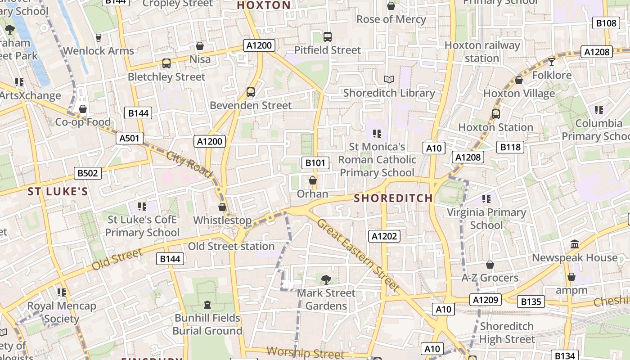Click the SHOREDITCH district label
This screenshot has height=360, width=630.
pos(393,198)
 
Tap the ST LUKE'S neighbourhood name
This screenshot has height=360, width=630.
pos(58,192)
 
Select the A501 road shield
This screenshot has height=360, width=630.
pos(130,138)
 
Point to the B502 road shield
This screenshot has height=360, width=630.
pos(88,173)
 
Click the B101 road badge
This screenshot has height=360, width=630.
pos(315,163)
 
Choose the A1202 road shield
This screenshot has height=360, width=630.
pos(384,236)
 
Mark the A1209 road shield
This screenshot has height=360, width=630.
pos(486,300)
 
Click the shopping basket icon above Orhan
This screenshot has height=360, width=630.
pos(312,180)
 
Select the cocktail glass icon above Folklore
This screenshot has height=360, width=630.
pos(552,62)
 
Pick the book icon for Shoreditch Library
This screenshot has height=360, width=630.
pos(389,79)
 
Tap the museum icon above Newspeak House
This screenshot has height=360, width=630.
pos(575,244)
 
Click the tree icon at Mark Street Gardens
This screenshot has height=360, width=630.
pos(326,280)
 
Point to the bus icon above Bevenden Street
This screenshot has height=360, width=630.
pos(251,92)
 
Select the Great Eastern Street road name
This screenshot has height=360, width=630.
pos(358,254)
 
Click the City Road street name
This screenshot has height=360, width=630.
pos(189,164)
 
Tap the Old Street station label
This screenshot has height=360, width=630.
pos(231,246)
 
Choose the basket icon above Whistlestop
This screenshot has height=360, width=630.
pos(222,207)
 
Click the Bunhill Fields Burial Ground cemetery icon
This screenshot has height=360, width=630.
pos(207,305)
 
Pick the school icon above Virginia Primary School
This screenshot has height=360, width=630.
pos(486,198)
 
